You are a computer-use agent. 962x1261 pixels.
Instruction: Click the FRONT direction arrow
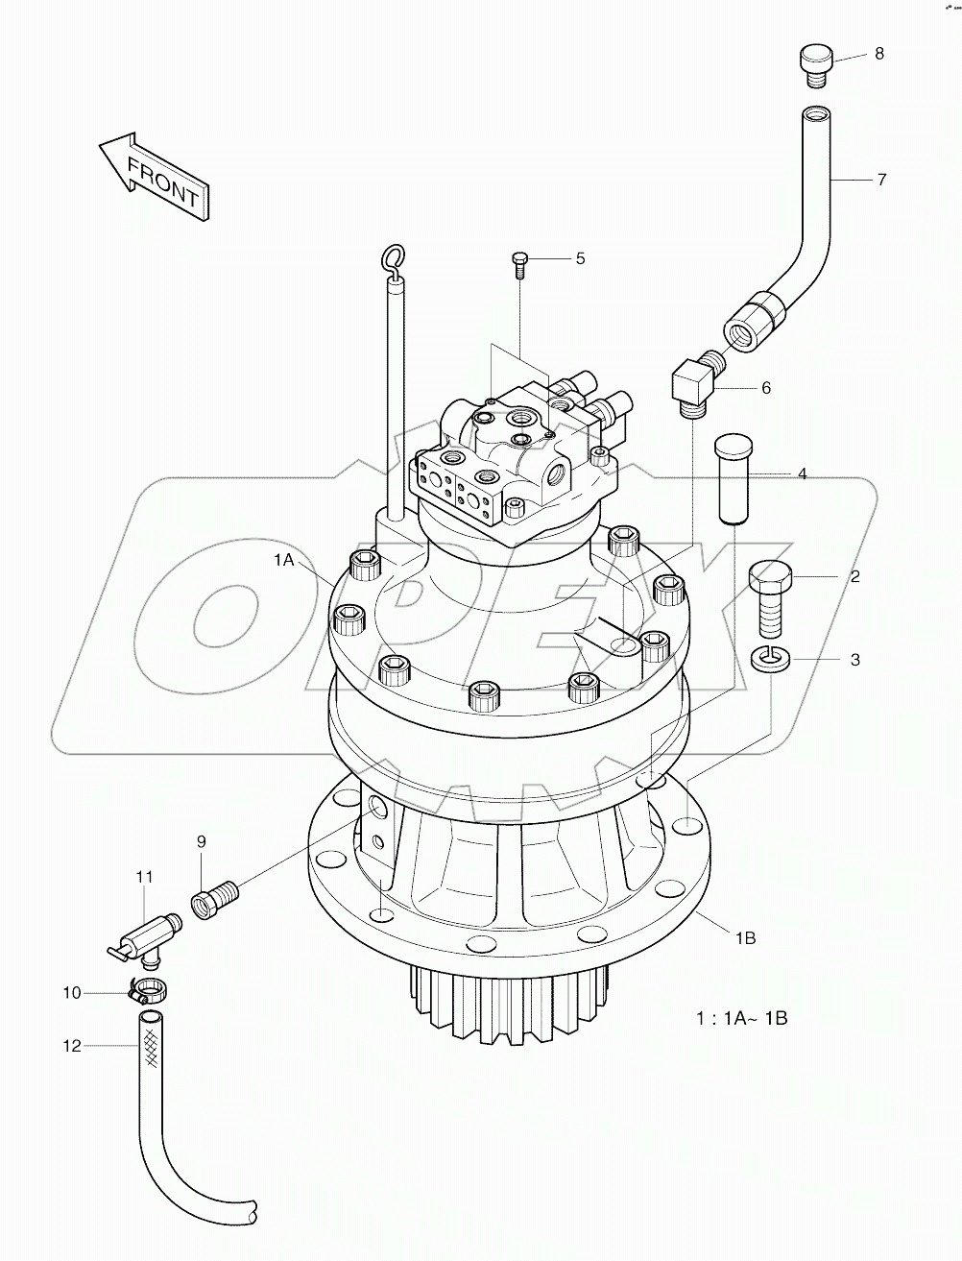[x=154, y=178]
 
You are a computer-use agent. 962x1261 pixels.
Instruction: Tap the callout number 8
[x=878, y=54]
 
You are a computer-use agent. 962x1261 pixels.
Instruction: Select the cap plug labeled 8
[x=814, y=65]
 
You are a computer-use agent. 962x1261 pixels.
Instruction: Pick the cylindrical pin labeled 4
[x=732, y=478]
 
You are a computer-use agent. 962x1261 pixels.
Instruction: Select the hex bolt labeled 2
[x=769, y=596]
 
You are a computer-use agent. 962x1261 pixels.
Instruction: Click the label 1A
[x=283, y=561]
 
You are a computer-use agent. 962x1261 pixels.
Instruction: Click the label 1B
[x=744, y=938]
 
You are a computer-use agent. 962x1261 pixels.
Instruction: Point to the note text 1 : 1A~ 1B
[x=741, y=1018]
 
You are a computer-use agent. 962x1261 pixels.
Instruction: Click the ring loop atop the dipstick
[x=392, y=256]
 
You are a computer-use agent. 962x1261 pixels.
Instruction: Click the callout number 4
[x=802, y=473]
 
